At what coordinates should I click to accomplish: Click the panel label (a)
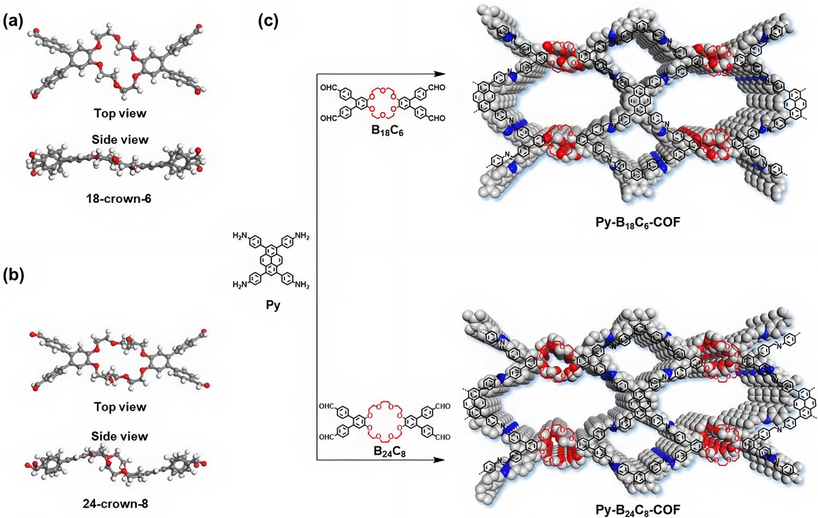pos(13,20)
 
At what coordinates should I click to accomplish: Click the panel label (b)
pos(13,275)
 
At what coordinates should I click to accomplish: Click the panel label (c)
pos(268,20)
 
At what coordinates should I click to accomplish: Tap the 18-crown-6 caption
pos(119,199)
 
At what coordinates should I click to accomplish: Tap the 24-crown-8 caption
pos(115,503)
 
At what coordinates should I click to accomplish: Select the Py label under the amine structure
pos(273,305)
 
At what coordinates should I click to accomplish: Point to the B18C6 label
pos(387,131)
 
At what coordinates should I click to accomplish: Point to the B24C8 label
pos(389,451)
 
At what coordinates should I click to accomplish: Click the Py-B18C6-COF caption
pos(638,223)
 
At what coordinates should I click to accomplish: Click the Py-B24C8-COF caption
pos(638,510)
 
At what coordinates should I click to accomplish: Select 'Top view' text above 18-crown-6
pos(120,113)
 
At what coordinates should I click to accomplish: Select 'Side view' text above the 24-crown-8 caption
pos(119,436)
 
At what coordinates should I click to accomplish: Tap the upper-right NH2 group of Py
pos(302,236)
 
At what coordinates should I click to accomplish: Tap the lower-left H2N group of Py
pos(240,285)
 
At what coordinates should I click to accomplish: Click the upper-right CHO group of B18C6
pos(436,87)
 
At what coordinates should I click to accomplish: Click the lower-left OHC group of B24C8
pos(326,437)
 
